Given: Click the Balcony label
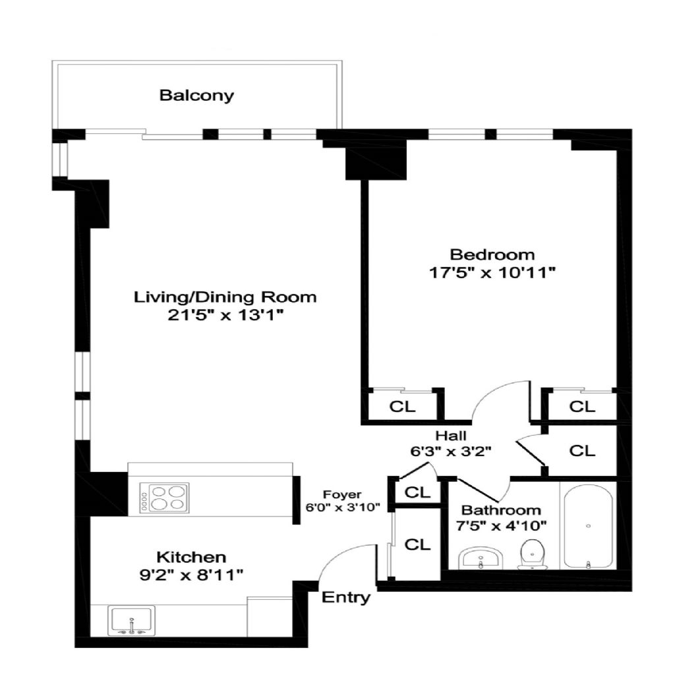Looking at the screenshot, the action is [x=196, y=95].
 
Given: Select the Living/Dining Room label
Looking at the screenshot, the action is [x=225, y=297].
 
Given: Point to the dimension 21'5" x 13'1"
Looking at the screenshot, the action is [x=225, y=316].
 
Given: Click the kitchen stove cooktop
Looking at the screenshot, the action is [x=164, y=498].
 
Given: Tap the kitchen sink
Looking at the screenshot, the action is [x=131, y=620].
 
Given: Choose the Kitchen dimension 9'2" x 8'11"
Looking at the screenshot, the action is [x=191, y=575].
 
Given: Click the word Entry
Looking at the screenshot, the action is [x=346, y=598].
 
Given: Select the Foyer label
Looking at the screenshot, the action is [x=343, y=495].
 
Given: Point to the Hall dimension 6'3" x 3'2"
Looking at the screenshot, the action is [x=451, y=451].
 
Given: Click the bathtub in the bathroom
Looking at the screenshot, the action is [x=588, y=526].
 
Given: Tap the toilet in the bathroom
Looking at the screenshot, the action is [x=533, y=554].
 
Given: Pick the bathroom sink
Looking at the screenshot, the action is [x=481, y=558].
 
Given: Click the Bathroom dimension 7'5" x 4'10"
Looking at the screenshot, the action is [x=501, y=525].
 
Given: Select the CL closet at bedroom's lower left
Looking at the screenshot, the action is [x=403, y=406].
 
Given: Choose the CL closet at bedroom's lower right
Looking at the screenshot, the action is [x=582, y=406].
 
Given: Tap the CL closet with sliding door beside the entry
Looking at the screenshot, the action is [x=417, y=544].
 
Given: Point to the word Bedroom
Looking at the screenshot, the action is [x=492, y=254].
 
